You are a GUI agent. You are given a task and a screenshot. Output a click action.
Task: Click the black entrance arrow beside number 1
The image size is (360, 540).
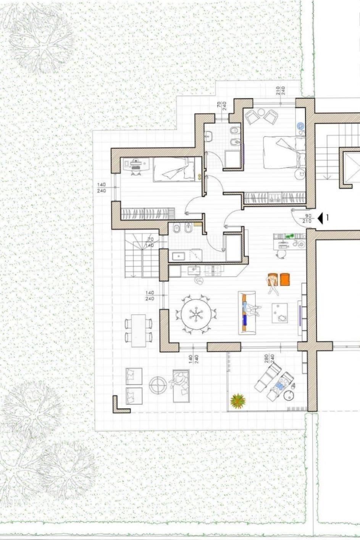[320, 218]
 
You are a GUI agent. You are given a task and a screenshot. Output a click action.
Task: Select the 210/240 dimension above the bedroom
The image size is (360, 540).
[281, 91]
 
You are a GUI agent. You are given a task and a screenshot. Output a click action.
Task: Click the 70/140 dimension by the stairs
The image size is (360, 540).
[150, 243]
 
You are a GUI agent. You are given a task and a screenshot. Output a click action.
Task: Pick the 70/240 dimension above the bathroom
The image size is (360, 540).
[221, 106]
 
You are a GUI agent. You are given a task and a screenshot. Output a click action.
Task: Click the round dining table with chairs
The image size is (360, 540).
[196, 314]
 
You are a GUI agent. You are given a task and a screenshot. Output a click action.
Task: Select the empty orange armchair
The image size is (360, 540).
[285, 279]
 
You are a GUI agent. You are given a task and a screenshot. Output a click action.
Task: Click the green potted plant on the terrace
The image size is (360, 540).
[238, 401]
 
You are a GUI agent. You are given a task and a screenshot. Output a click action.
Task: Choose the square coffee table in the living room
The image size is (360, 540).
[280, 313]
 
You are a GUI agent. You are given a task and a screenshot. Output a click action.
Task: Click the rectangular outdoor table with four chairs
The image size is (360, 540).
[139, 330]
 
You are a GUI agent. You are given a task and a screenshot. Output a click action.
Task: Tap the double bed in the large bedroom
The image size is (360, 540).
[284, 152]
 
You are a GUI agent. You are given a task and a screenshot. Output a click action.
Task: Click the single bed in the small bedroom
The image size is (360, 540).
[174, 169]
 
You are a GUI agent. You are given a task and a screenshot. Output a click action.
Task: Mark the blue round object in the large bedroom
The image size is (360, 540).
[300, 126]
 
